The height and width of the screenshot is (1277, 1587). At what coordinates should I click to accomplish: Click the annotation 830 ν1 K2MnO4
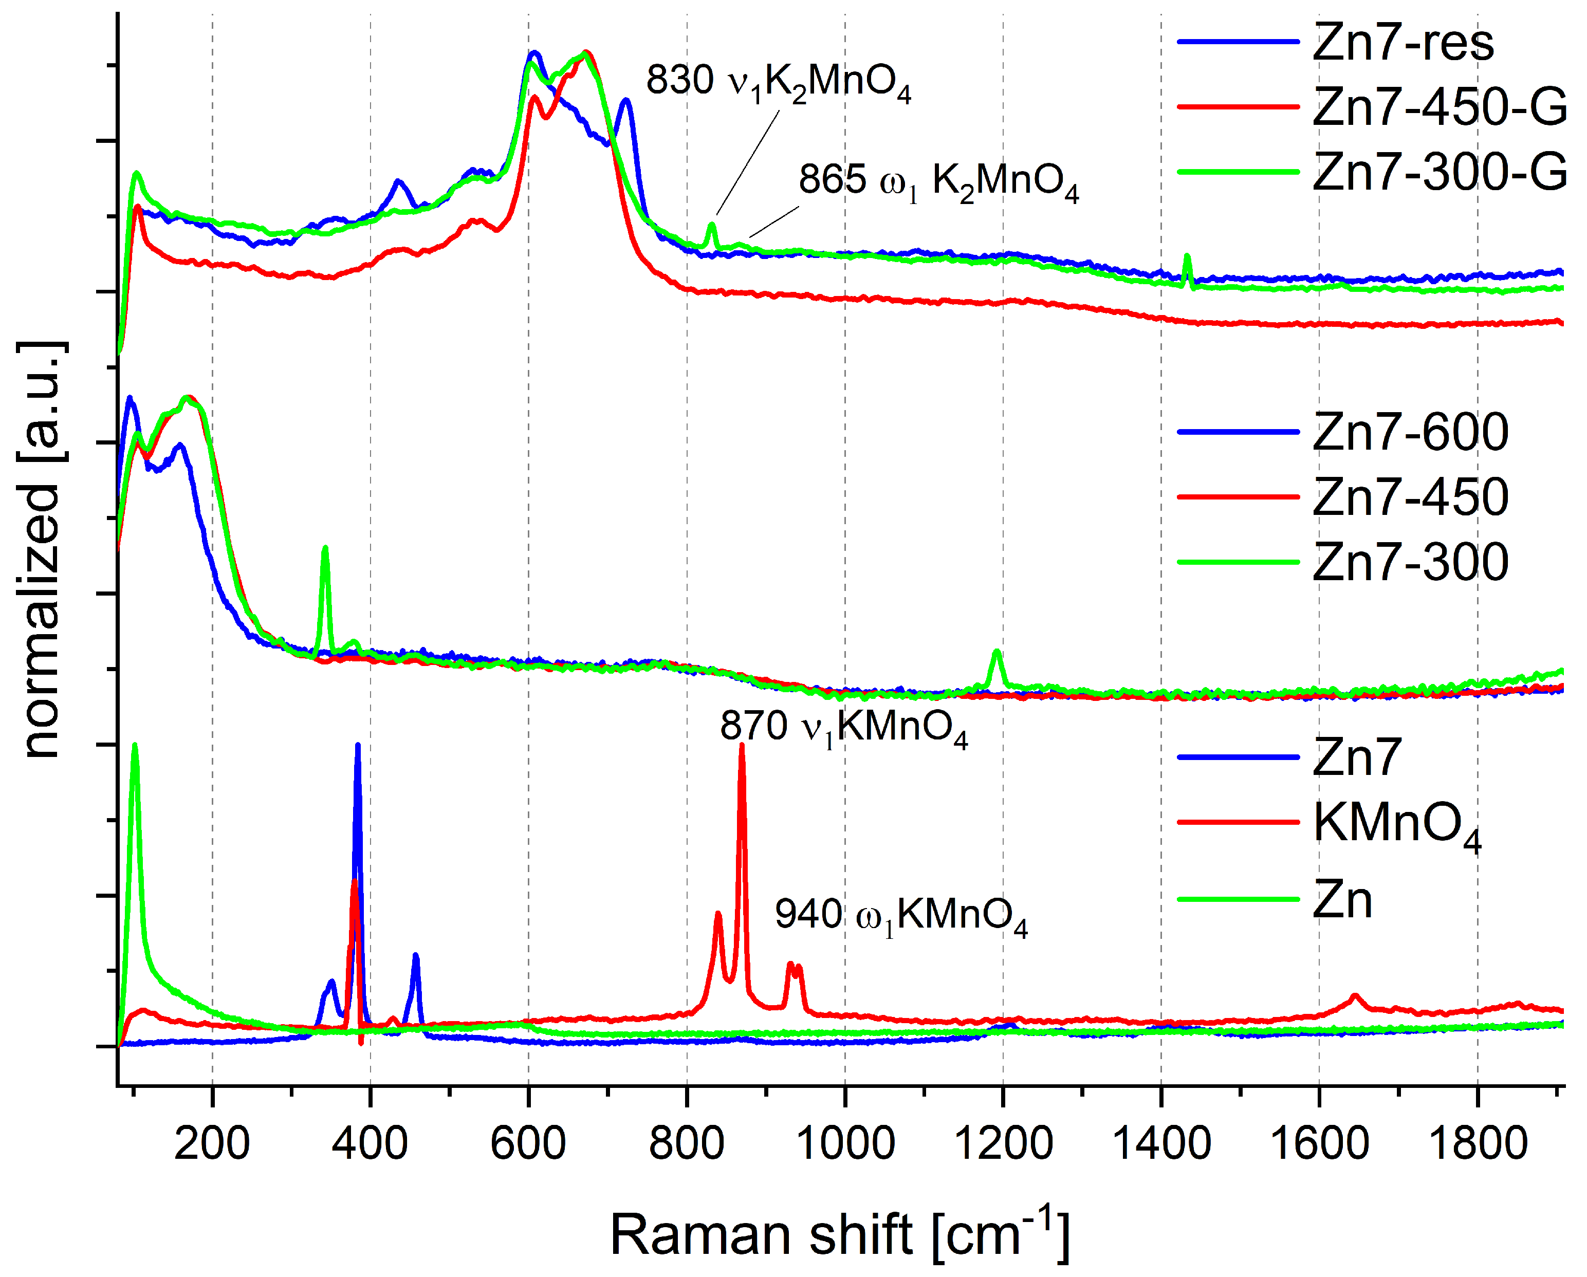[x=778, y=81]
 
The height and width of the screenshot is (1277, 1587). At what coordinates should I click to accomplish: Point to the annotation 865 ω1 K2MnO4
[x=938, y=181]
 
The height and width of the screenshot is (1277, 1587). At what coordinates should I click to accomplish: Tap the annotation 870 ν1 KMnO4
[x=843, y=727]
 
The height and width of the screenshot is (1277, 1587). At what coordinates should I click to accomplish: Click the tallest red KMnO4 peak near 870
[x=742, y=747]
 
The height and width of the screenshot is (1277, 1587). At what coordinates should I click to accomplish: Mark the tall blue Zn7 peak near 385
[x=358, y=747]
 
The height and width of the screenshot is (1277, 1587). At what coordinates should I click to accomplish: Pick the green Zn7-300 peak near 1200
[x=997, y=652]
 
